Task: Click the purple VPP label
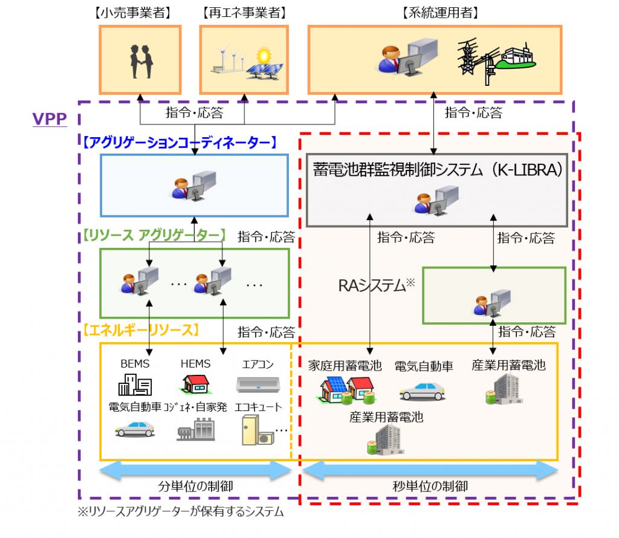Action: [x=50, y=119]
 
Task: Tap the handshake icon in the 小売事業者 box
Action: [x=141, y=62]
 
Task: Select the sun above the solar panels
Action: [x=264, y=55]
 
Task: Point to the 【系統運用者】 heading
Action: [x=440, y=13]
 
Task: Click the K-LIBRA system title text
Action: [x=437, y=170]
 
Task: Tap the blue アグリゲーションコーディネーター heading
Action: [x=180, y=143]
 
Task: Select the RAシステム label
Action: [x=376, y=285]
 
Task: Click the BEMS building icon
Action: [x=135, y=384]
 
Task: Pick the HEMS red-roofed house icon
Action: [x=195, y=384]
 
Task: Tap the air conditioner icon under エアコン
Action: [x=258, y=384]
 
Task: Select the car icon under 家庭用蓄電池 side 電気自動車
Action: [x=423, y=392]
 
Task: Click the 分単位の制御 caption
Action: [x=195, y=486]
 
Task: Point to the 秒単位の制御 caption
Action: [x=430, y=486]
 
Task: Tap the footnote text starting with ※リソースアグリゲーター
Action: [x=181, y=512]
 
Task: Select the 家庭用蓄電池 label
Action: [x=345, y=366]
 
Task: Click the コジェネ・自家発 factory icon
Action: [x=196, y=429]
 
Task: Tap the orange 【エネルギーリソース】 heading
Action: [x=140, y=330]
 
